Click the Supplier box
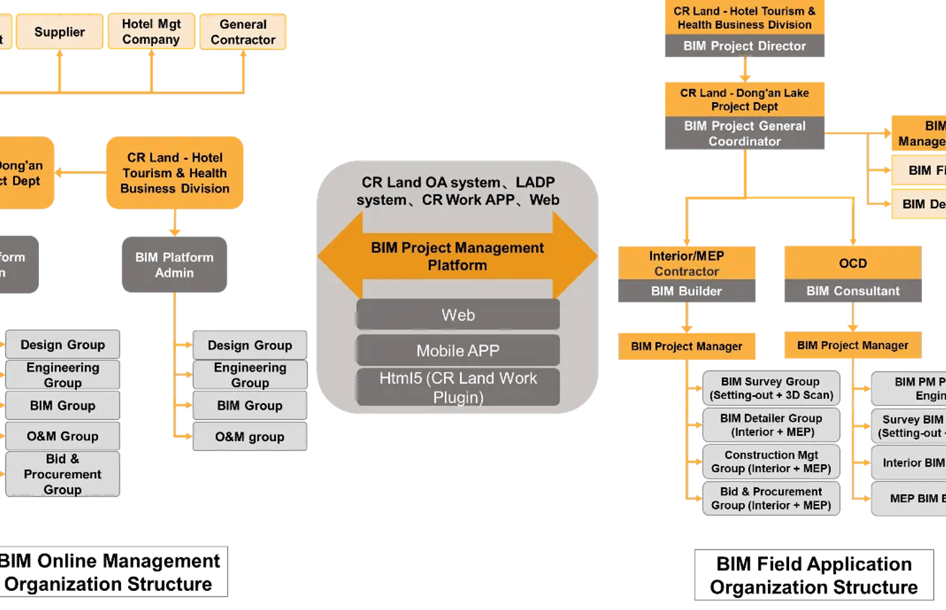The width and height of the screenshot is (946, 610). tap(59, 32)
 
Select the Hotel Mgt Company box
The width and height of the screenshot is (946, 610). tap(151, 32)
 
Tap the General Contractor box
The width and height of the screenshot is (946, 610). tap(243, 32)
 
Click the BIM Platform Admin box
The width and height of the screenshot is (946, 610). tap(174, 265)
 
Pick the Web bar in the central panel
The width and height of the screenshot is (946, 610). tap(458, 315)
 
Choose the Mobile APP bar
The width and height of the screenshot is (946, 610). tap(458, 350)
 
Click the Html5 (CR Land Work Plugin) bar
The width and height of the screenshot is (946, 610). tap(458, 387)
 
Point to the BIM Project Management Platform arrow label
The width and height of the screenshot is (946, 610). tap(457, 256)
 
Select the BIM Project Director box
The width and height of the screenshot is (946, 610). tap(744, 46)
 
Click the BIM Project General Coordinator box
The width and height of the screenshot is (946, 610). tap(744, 133)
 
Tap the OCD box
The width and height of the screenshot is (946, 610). tap(853, 263)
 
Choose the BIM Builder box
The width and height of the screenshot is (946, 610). tap(687, 291)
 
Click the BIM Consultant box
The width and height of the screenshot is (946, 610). tap(853, 291)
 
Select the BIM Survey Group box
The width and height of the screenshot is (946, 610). tap(771, 388)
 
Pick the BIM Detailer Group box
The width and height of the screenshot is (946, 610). tap(771, 425)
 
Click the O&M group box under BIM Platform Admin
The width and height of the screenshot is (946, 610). tap(250, 436)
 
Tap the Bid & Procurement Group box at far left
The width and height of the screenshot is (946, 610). tap(62, 474)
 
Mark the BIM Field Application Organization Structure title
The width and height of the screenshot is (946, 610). tap(813, 575)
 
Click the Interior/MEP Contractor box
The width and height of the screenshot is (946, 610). tap(687, 263)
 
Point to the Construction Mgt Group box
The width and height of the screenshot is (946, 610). tap(771, 461)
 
